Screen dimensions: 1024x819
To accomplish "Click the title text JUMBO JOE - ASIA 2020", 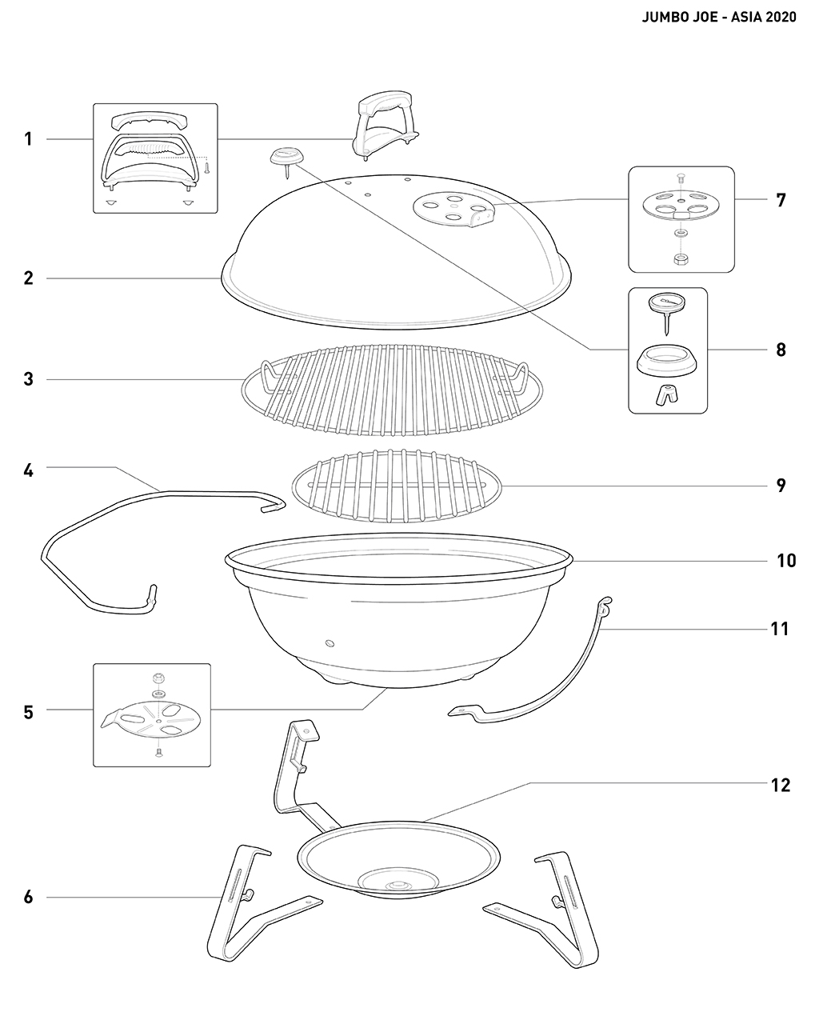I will click(x=719, y=18).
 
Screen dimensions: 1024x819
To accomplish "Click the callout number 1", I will click(x=29, y=139).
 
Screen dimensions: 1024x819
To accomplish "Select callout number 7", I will click(x=781, y=200).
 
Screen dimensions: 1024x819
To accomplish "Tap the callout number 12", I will click(x=781, y=785).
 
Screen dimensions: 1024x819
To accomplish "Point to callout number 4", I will click(x=29, y=470).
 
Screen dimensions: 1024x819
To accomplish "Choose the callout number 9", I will click(x=781, y=486).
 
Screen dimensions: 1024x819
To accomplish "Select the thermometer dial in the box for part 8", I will click(x=667, y=305).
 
